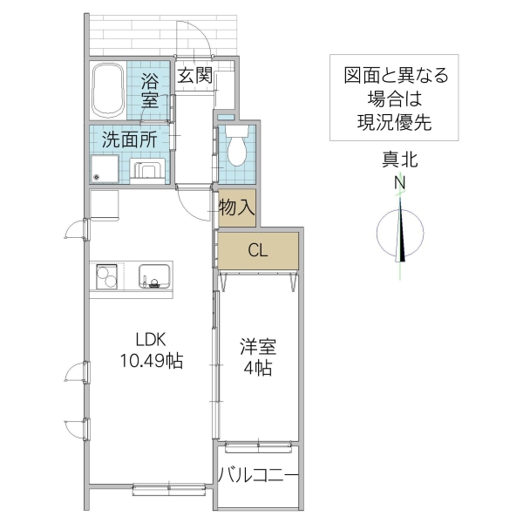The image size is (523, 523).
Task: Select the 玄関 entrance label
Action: click(x=195, y=75)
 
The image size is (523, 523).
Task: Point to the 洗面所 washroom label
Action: click(x=129, y=139)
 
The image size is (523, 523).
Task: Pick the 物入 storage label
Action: click(x=236, y=207)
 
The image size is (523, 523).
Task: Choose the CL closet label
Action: click(x=257, y=251)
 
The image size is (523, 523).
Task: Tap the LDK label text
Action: click(x=150, y=340)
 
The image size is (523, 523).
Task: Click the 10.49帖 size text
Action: click(x=150, y=361)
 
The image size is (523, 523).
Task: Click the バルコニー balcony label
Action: click(x=258, y=475)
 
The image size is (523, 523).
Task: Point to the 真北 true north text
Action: click(x=400, y=160)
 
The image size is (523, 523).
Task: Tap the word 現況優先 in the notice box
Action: click(x=394, y=122)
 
